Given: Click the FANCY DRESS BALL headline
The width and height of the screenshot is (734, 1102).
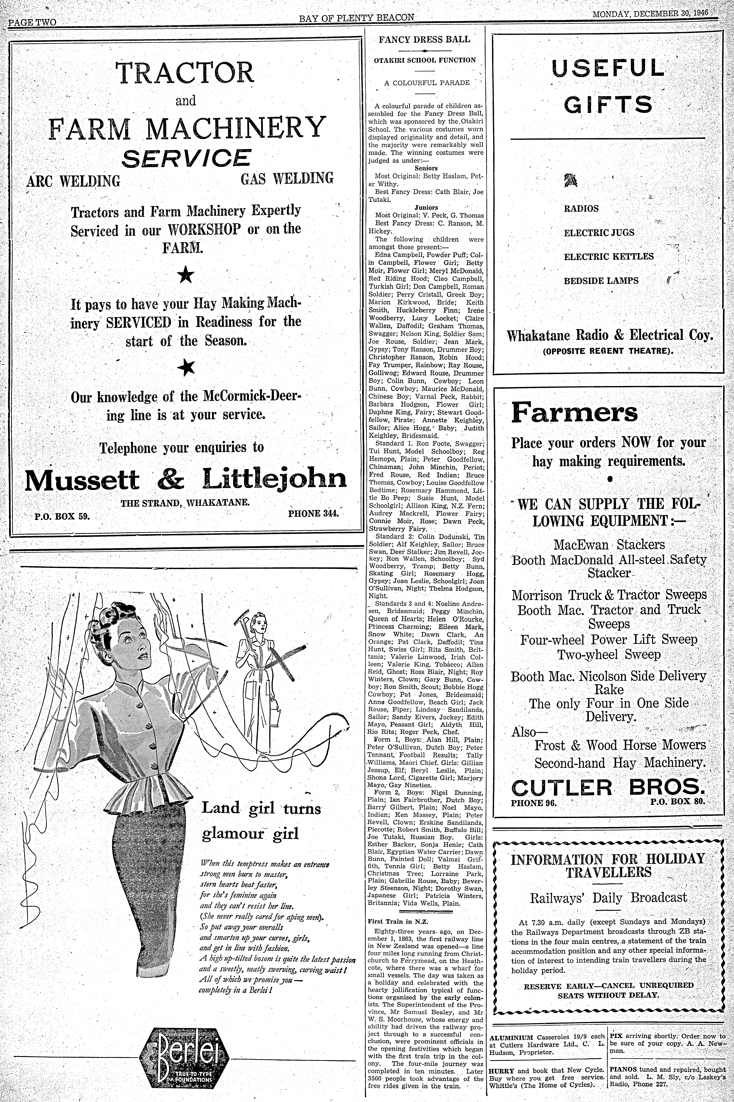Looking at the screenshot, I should [x=424, y=39].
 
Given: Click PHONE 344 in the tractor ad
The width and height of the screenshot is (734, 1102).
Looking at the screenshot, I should [x=313, y=513].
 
